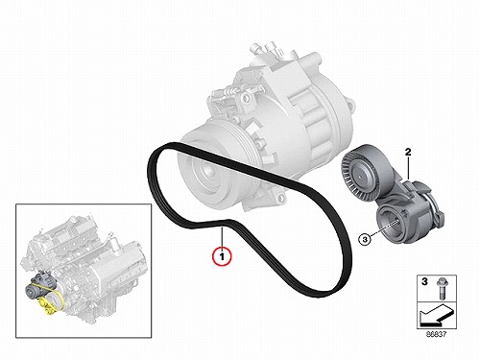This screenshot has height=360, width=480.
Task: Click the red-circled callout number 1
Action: point(222,255)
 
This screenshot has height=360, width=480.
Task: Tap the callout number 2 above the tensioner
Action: point(408,152)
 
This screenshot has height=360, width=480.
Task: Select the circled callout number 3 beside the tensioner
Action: point(366,238)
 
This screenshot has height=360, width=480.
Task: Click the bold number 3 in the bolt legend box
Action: point(424,281)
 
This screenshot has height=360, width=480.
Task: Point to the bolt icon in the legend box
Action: point(442,288)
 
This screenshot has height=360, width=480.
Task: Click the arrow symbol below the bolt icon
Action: point(436,317)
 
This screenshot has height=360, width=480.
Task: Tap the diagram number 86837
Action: point(436,334)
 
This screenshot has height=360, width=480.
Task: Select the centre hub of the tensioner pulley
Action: point(360,176)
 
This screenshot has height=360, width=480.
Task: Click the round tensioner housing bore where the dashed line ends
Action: point(391,222)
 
